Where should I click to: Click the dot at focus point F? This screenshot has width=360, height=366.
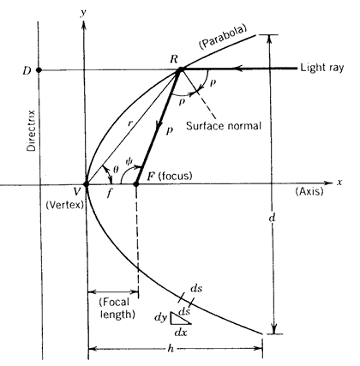coord(136,184)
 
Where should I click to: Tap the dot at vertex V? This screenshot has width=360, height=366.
coord(86,184)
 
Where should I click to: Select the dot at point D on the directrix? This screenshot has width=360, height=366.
coord(39,69)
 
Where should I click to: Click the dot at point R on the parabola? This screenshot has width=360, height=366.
coord(180,69)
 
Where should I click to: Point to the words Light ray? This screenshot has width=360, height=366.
coord(322,68)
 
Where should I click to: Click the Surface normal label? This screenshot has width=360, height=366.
coord(224,126)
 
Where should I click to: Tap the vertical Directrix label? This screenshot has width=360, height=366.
coord(31,130)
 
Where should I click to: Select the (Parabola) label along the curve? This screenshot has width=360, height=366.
coord(223,38)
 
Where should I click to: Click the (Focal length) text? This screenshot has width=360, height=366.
coord(117,309)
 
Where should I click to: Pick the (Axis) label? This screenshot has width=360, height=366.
coord(309,191)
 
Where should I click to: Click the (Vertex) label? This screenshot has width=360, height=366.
coord(64,205)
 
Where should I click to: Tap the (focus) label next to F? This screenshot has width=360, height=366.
coord(175,176)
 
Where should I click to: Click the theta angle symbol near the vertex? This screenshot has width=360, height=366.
coord(116,171)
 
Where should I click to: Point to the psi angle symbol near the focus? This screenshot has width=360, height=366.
coord(129,161)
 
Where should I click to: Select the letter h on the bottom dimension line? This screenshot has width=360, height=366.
coord(171,349)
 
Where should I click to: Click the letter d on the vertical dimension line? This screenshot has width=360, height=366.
coord(273,219)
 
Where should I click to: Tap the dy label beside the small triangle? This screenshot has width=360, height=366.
coord(160,317)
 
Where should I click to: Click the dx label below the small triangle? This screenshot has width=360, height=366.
coord(181,333)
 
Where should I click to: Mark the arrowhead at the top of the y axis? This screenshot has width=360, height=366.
coord(83,25)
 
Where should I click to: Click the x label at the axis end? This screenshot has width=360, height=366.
coord(339,183)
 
